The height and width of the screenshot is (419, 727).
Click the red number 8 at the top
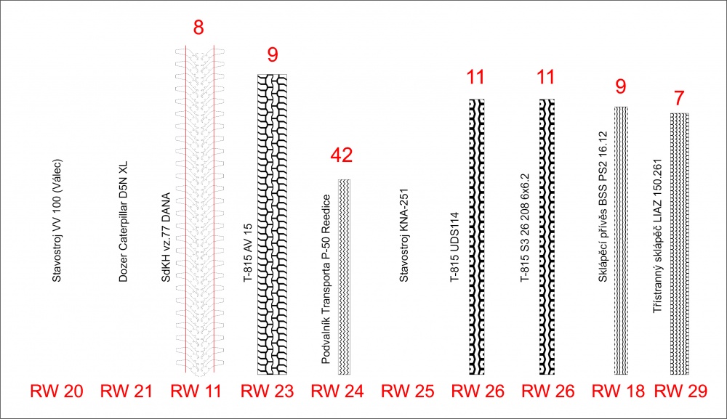(x=198, y=28)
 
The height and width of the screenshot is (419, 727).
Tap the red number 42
(x=342, y=155)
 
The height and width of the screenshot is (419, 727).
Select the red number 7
(x=679, y=98)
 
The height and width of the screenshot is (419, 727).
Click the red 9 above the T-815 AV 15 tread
(x=273, y=54)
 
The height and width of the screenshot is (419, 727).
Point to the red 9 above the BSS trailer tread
(x=620, y=86)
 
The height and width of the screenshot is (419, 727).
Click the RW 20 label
(x=57, y=391)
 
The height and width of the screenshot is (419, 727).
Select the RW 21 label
(x=126, y=391)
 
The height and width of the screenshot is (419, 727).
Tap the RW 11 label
(x=196, y=391)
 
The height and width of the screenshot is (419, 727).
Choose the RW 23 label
(x=267, y=391)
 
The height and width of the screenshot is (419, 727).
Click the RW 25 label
(x=408, y=391)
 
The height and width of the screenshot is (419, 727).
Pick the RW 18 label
(x=618, y=391)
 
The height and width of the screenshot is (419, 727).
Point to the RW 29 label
(x=680, y=391)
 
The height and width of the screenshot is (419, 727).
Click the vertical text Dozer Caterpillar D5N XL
(x=123, y=221)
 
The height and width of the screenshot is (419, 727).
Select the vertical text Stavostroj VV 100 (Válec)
(x=57, y=221)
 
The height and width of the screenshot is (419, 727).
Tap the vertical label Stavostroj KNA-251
(x=403, y=235)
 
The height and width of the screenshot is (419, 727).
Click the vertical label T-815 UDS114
(x=454, y=247)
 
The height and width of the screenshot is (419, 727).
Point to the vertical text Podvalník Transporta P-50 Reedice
(x=326, y=279)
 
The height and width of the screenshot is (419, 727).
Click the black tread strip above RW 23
(x=272, y=224)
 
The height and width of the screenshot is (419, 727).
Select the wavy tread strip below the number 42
(x=344, y=277)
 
